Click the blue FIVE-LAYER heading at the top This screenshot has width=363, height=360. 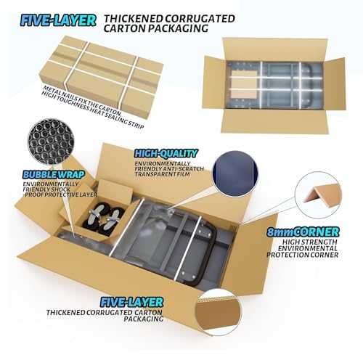coord(58,20)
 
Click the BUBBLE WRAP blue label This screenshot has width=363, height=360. coord(54,174)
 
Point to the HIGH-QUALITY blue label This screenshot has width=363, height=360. coord(166,154)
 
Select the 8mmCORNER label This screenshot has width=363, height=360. coord(303,232)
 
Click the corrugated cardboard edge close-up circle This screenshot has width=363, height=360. coord(219,312)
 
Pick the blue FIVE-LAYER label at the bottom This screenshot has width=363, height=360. coord(131,302)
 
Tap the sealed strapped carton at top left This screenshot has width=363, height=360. coord(101,77)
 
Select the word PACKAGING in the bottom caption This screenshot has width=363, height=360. coord(144,319)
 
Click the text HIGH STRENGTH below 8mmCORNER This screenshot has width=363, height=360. coord(310,242)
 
